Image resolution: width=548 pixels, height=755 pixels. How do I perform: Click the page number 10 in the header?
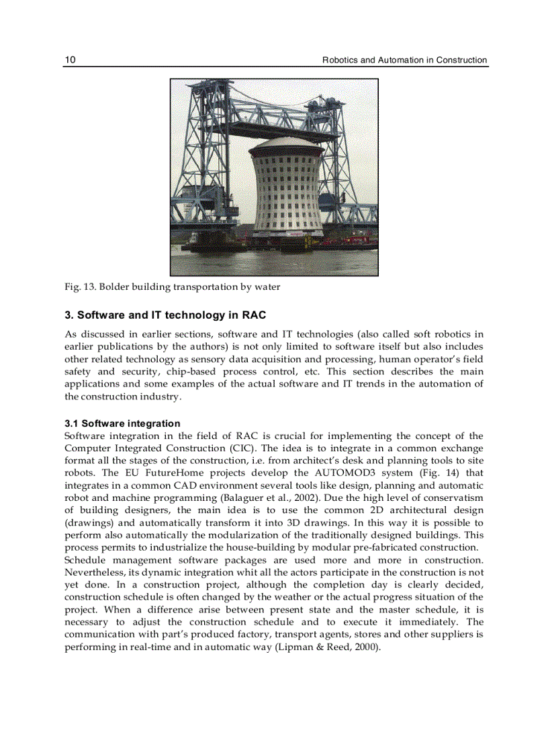70,60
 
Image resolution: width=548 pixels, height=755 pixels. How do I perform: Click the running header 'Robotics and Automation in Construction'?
404,60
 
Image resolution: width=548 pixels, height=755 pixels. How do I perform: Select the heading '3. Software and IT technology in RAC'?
165,315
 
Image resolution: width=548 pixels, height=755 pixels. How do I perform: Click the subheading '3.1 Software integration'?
122,424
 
